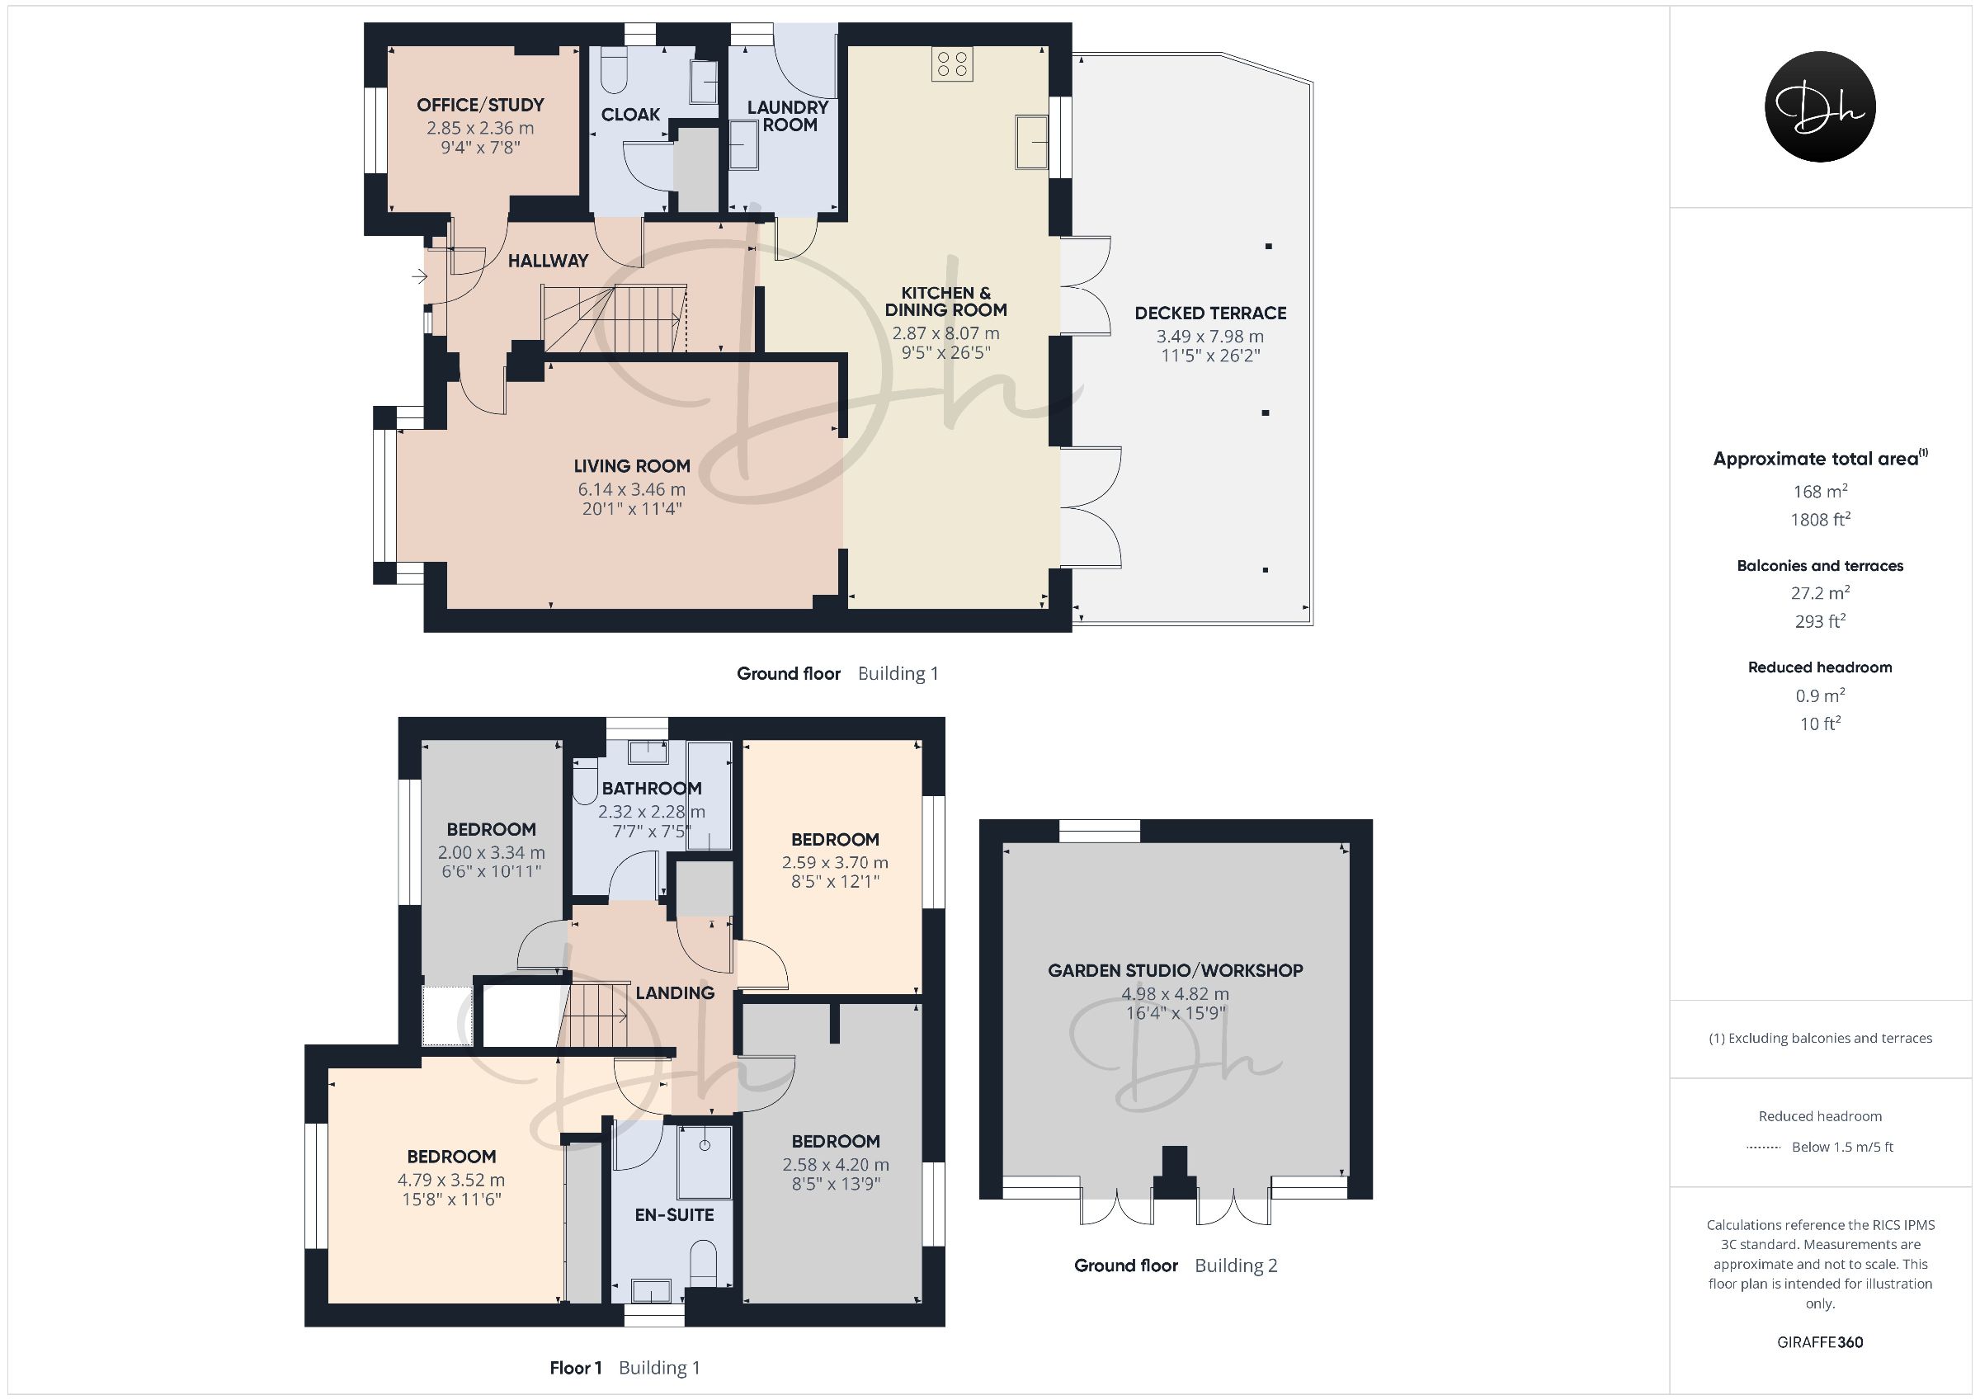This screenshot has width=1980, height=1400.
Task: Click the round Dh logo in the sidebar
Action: point(1820,106)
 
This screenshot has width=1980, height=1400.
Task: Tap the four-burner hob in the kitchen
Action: point(952,64)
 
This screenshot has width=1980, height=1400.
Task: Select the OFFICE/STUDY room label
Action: point(480,106)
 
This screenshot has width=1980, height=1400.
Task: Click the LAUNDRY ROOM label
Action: point(787,115)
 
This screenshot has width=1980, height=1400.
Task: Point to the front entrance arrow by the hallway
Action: point(419,276)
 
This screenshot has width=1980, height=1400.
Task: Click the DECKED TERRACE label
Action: point(1210,313)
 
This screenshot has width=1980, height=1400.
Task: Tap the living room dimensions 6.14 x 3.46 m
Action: point(631,489)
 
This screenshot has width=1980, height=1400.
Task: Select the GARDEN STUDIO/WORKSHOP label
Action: point(1176,970)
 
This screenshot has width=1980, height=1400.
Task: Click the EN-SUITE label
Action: point(674,1214)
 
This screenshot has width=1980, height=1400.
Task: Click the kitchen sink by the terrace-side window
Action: point(1032,140)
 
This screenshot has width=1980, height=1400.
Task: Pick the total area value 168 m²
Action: point(1820,491)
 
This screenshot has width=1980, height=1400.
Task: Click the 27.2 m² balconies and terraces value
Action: point(1820,592)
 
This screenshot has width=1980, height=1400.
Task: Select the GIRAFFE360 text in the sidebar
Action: point(1820,1342)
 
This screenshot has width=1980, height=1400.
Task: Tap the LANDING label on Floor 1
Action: point(675,992)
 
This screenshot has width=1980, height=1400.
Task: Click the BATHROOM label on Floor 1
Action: point(652,789)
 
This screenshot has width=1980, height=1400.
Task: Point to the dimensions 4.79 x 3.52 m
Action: point(451,1180)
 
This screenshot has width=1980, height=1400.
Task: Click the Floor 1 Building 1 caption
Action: point(625,1367)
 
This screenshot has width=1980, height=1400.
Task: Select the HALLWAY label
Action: point(549,261)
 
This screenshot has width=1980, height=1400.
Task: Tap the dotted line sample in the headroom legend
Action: point(1764,1148)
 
